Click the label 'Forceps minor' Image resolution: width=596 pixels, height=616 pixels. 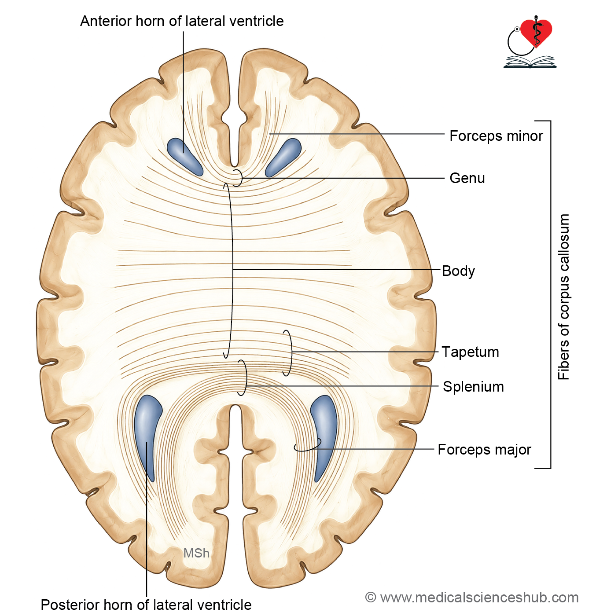coord(496,136)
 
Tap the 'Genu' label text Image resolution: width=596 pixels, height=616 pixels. coord(467,178)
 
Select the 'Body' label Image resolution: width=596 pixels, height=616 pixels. coord(458,271)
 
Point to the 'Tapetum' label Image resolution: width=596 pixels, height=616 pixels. coord(470,352)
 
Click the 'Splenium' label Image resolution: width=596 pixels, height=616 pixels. coord(473,386)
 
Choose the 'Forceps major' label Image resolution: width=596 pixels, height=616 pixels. coord(484,449)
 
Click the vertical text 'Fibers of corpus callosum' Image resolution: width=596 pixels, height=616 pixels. coord(563,296)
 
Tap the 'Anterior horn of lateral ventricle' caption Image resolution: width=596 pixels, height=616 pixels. coord(182,21)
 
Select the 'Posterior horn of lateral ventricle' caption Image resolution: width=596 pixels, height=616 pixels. coord(146,605)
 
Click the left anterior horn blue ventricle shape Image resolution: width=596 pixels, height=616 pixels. coord(184,157)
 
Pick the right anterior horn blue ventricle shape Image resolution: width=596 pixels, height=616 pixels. coord(283,157)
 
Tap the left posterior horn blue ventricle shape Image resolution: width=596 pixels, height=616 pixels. coord(147,434)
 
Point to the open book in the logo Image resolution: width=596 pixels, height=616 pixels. coord(530,62)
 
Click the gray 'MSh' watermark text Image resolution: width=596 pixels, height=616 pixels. coord(196,553)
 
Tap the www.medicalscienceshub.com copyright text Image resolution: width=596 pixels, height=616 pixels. coord(471,598)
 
